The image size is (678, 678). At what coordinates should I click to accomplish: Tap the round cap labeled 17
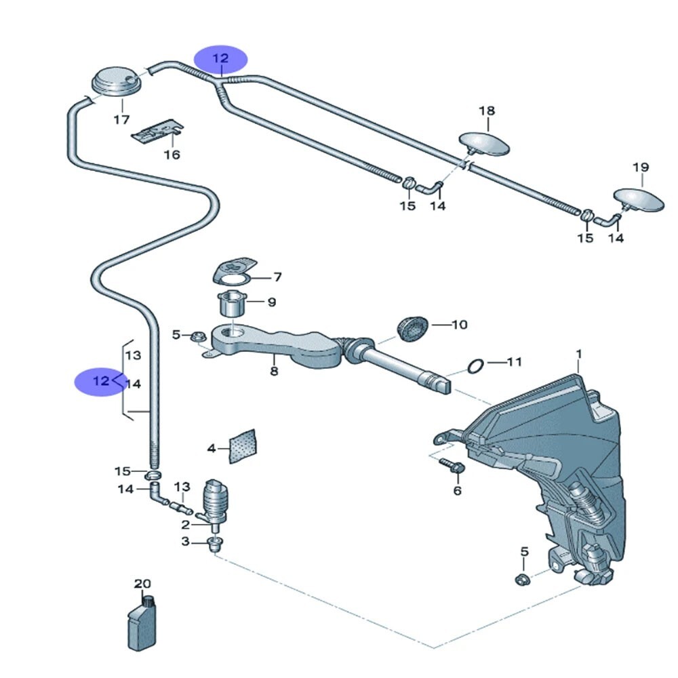tap(116, 83)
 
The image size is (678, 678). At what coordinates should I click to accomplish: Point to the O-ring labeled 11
tap(476, 367)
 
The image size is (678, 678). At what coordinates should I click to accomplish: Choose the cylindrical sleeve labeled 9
tap(232, 302)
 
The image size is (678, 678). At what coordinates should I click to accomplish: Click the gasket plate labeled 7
tap(232, 272)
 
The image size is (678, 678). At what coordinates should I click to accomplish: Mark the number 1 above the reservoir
tap(579, 354)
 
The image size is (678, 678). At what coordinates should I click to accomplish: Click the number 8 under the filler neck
tap(274, 371)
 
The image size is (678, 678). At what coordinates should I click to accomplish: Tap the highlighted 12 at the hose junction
tap(221, 59)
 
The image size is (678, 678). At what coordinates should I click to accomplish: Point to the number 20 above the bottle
tap(142, 584)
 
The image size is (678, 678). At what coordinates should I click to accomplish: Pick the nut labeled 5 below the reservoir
tap(522, 578)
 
